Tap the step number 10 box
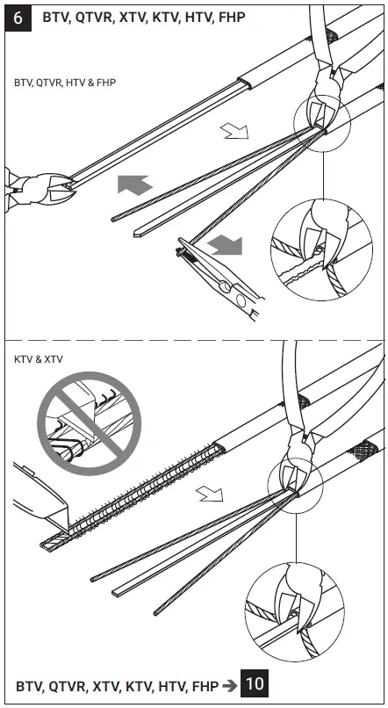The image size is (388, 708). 254,684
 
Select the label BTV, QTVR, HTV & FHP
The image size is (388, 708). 65,82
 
